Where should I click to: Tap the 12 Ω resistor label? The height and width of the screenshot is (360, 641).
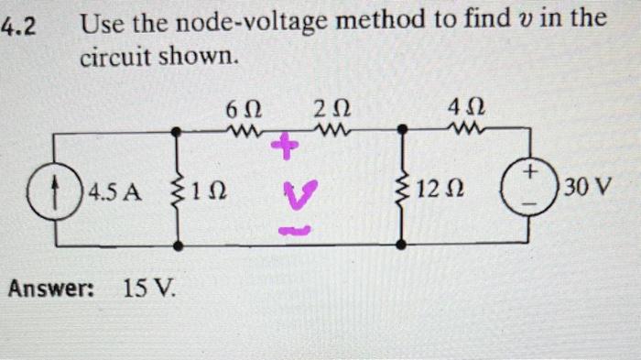point(442,191)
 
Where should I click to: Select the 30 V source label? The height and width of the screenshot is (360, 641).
point(588,190)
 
